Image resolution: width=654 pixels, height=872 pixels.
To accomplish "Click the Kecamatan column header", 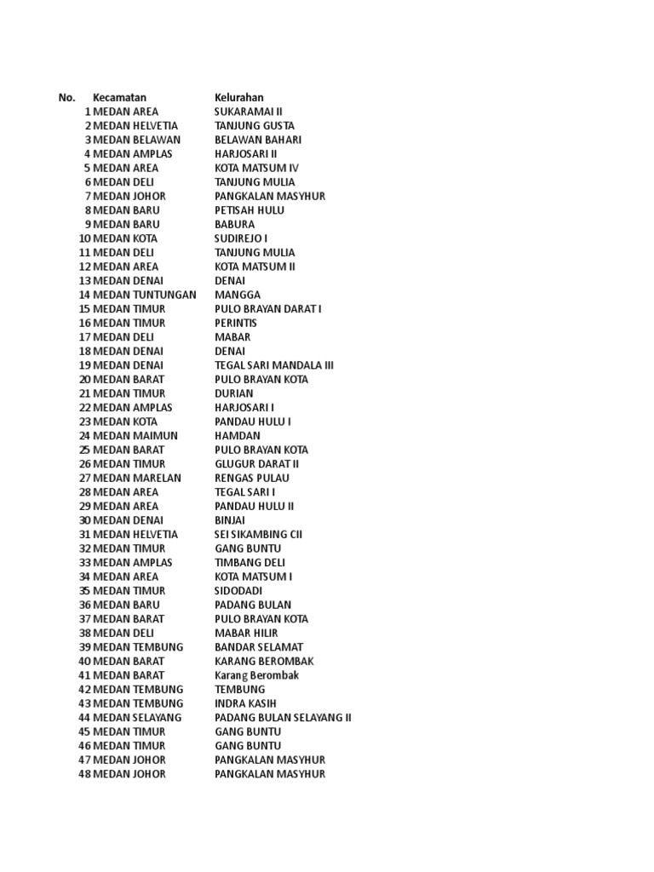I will pyautogui.click(x=119, y=98).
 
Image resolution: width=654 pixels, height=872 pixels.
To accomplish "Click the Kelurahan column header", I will pyautogui.click(x=239, y=98).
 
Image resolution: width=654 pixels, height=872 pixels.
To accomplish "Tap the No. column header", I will pyautogui.click(x=67, y=98).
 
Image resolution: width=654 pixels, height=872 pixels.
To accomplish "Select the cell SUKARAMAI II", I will pyautogui.click(x=248, y=112).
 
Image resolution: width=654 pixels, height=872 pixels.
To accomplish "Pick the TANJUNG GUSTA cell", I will pyautogui.click(x=255, y=126).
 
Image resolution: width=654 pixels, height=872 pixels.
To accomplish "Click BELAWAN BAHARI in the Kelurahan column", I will pyautogui.click(x=258, y=140).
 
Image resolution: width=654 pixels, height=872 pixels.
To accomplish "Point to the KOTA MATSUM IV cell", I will pyautogui.click(x=256, y=168).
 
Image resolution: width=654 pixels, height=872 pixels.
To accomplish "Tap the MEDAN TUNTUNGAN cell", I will pyautogui.click(x=145, y=295).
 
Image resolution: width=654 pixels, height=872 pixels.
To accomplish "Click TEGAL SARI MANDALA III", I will pyautogui.click(x=274, y=365).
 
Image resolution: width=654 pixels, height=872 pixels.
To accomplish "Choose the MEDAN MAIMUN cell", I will pyautogui.click(x=135, y=436).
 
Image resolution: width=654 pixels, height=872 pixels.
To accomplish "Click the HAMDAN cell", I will pyautogui.click(x=238, y=436).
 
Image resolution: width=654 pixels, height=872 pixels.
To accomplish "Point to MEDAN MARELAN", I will pyautogui.click(x=137, y=478).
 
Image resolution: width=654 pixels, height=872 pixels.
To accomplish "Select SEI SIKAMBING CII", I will pyautogui.click(x=258, y=535).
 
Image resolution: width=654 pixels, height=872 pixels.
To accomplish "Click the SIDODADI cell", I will pyautogui.click(x=238, y=591).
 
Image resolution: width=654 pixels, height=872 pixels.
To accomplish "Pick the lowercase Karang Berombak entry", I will pyautogui.click(x=256, y=675).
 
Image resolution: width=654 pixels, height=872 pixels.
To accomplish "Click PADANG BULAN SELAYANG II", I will pyautogui.click(x=283, y=718).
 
